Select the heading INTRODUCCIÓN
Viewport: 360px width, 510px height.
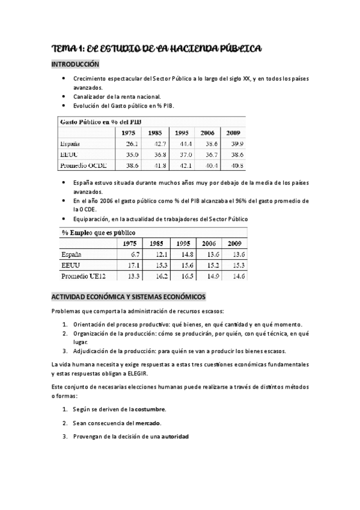pyautogui.click(x=75, y=64)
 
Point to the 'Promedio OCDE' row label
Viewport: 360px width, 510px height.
pyautogui.click(x=81, y=165)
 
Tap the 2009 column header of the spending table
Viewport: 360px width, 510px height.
pyautogui.click(x=235, y=133)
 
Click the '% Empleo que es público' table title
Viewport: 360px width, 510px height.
pyautogui.click(x=99, y=232)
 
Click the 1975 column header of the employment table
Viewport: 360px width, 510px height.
pyautogui.click(x=130, y=244)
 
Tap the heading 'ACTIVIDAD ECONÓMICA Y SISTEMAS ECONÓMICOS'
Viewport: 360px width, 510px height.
pyautogui.click(x=129, y=297)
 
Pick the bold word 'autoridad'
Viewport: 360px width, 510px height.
pyautogui.click(x=174, y=436)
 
